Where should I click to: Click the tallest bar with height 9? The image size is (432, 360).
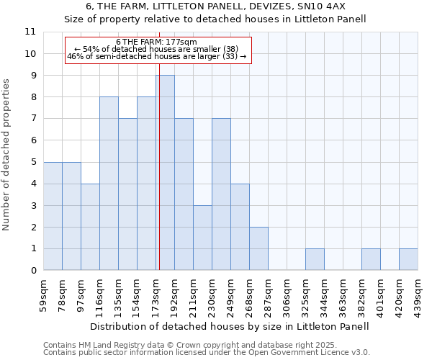click(x=165, y=173)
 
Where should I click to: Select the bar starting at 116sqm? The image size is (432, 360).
click(x=109, y=184)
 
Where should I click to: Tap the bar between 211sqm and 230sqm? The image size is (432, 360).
click(x=202, y=238)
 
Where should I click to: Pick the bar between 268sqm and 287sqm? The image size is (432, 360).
click(x=258, y=248)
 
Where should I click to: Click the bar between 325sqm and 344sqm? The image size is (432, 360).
click(x=315, y=259)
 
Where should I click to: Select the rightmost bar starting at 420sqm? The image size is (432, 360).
click(x=408, y=259)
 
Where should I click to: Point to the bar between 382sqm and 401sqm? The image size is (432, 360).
click(x=371, y=259)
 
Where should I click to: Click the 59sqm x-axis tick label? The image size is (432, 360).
click(x=43, y=293)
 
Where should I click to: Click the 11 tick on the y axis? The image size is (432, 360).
click(x=30, y=32)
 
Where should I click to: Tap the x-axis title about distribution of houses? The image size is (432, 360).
click(x=230, y=326)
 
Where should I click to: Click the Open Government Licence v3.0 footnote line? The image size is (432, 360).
click(x=207, y=353)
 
